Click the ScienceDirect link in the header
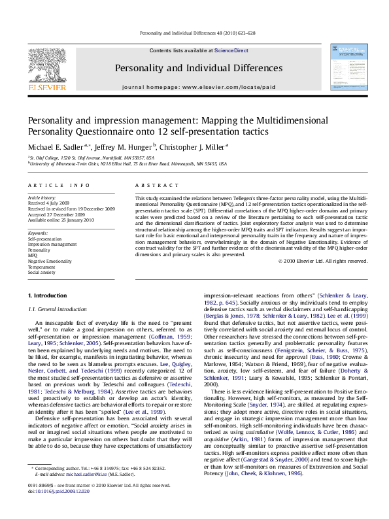pyautogui.click(x=229, y=50)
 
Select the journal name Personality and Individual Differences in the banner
pyautogui.click(x=199, y=68)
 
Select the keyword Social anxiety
pyautogui.click(x=43, y=272)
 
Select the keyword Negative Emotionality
pyautogui.click(x=50, y=261)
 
